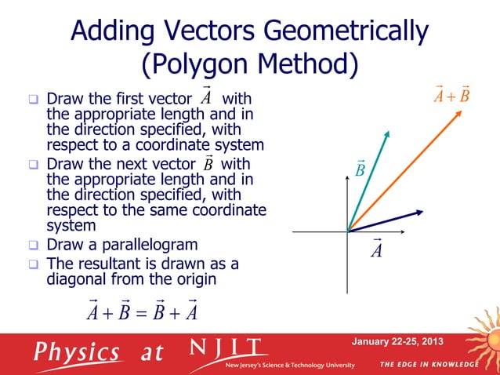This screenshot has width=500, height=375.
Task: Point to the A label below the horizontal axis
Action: coord(376,249)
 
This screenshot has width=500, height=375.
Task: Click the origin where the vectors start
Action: coord(348,231)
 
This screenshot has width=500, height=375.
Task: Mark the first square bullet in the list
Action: coord(34,100)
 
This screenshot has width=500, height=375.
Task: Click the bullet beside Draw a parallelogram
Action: coord(34,245)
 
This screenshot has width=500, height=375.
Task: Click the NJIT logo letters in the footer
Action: coord(228,348)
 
